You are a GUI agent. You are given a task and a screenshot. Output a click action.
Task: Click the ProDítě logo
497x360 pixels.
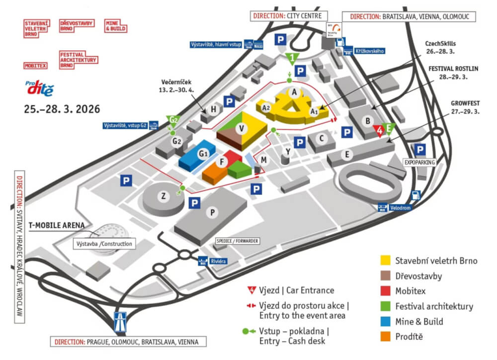(38, 88)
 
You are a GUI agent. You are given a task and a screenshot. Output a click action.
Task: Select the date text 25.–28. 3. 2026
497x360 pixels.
(62, 108)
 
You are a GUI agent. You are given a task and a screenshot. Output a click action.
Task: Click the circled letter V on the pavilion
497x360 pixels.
(242, 129)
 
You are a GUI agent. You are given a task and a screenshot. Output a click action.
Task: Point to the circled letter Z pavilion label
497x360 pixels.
(163, 196)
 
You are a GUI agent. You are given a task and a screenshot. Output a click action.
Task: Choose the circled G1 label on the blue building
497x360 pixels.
(203, 154)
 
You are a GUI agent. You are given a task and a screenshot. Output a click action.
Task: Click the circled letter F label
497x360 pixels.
(223, 162)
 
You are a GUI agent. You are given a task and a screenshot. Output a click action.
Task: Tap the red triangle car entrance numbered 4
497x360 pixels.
(380, 131)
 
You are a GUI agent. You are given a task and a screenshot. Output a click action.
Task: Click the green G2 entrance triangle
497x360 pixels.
(173, 120)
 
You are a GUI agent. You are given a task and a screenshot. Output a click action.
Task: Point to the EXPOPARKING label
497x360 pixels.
(419, 162)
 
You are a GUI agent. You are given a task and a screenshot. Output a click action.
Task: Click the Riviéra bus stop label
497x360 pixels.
(214, 260)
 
